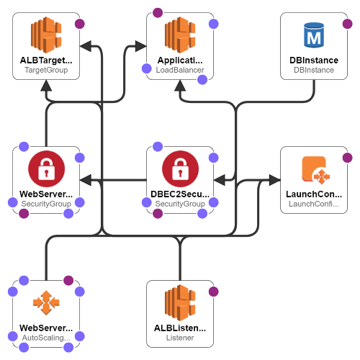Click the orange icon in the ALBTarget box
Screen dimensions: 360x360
(46, 35)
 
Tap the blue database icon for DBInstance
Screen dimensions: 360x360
(314, 35)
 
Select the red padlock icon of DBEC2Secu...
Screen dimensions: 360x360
(180, 168)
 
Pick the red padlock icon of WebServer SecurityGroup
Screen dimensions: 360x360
(46, 168)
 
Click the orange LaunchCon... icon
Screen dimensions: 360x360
(315, 170)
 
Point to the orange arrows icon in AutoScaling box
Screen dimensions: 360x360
(46, 302)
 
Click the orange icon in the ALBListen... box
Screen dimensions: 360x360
(180, 302)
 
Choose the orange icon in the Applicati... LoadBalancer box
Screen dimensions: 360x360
(180, 35)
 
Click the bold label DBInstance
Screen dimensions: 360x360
(314, 60)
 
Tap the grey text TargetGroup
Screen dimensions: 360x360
(46, 70)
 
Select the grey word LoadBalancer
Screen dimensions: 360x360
(180, 70)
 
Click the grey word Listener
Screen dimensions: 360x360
(180, 338)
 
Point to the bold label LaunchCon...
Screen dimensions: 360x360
(314, 194)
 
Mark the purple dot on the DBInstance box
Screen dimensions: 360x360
(347, 24)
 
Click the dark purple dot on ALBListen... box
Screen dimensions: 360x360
(213, 292)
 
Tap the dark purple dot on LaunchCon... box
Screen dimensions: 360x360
(347, 158)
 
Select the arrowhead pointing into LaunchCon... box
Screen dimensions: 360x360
(275, 180)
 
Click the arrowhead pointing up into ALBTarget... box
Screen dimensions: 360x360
(46, 86)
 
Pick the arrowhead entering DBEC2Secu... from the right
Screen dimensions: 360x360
(219, 180)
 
